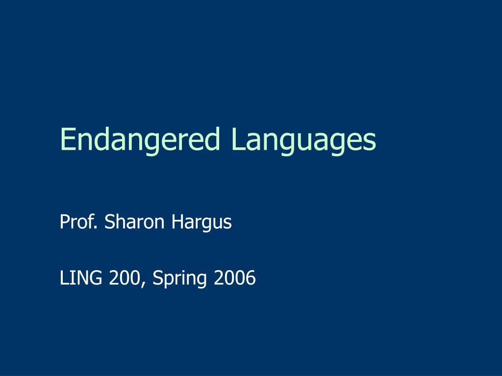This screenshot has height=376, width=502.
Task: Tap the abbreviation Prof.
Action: pyautogui.click(x=80, y=222)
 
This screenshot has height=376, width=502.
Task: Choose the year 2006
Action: pyautogui.click(x=234, y=278)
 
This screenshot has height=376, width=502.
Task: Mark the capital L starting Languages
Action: pyautogui.click(x=237, y=139)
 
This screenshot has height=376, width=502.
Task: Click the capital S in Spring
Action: pyautogui.click(x=158, y=278)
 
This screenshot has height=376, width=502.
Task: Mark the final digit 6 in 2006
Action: pyautogui.click(x=251, y=278)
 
